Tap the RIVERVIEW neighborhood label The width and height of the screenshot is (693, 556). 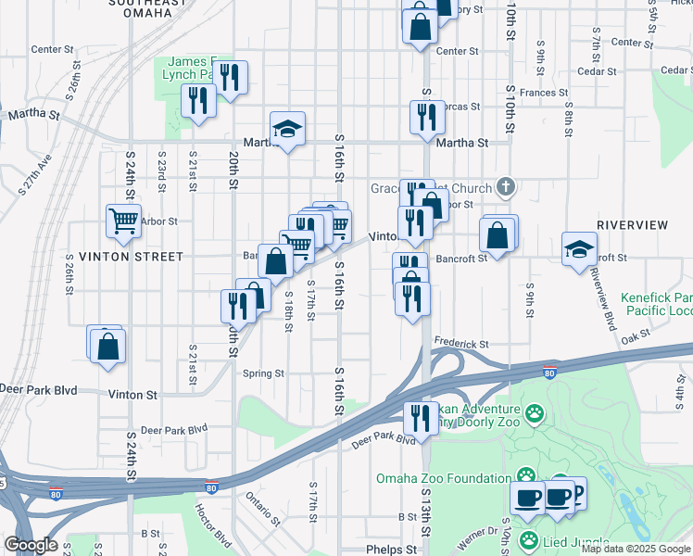633,224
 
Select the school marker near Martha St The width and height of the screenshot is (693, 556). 288,131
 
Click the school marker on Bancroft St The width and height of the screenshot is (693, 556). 579,247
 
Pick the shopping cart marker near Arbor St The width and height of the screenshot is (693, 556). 123,221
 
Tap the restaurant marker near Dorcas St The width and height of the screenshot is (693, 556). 427,117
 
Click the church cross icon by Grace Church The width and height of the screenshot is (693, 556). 504,188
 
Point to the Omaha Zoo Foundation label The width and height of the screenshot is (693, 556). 443,478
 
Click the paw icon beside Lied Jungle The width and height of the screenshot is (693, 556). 528,539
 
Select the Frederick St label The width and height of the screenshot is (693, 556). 460,344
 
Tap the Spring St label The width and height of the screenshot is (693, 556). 263,373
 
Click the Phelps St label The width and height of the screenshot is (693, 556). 391,550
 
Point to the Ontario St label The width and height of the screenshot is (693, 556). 262,507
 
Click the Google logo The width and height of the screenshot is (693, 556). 31,545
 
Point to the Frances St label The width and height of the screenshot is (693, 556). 543,93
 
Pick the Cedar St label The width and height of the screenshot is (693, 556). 597,70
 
